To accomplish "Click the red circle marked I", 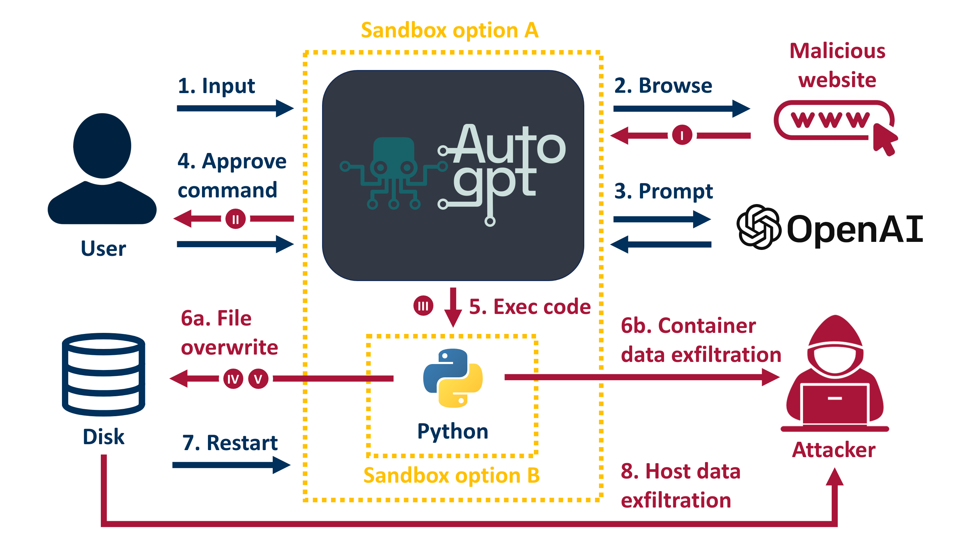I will tap(682, 135).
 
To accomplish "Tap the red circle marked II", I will tap(236, 219).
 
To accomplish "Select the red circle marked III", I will tap(423, 306).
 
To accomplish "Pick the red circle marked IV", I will tap(233, 379).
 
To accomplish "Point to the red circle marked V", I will tap(258, 379).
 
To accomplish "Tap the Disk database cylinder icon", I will tap(103, 374).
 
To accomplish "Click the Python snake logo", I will tap(453, 378).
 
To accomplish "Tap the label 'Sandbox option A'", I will tap(449, 30).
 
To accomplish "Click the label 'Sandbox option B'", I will tap(451, 475).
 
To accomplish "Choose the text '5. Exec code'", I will tap(530, 307).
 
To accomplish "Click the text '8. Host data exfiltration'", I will tap(680, 485).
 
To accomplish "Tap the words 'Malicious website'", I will tap(837, 65).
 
